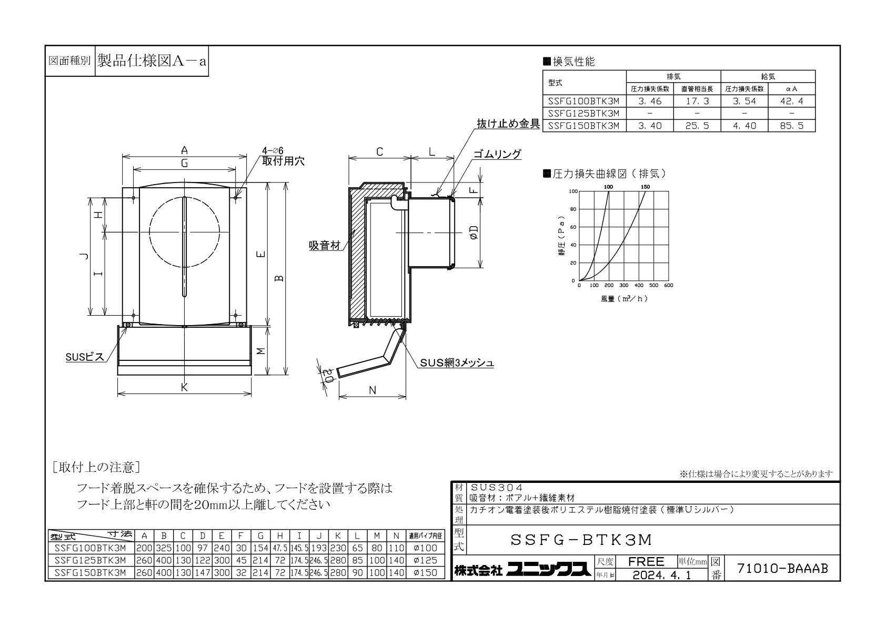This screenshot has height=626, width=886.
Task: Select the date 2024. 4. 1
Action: click(x=662, y=575)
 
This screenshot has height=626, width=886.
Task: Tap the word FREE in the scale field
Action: click(x=646, y=561)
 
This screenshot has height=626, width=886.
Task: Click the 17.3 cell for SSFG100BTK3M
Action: click(x=697, y=101)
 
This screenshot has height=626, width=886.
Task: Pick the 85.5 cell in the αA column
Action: click(x=791, y=126)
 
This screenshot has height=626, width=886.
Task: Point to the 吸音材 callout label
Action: click(x=324, y=245)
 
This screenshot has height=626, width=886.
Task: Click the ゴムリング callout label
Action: click(x=497, y=154)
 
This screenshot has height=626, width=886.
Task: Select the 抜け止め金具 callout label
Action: click(x=508, y=124)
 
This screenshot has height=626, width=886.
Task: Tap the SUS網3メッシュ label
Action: click(x=457, y=362)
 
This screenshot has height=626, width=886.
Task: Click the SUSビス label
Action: click(x=85, y=357)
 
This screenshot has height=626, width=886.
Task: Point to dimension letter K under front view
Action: click(x=184, y=387)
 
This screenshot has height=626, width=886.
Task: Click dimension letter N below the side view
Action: click(x=372, y=390)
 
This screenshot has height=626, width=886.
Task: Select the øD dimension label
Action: click(x=474, y=232)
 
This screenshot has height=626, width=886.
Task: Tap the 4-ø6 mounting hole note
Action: click(x=273, y=150)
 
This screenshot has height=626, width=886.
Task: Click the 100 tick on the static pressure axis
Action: click(x=573, y=191)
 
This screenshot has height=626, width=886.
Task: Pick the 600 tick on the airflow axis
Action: click(x=669, y=285)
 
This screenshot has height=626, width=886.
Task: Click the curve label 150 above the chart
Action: click(x=645, y=187)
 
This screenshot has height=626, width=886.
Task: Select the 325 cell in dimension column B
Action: click(x=164, y=548)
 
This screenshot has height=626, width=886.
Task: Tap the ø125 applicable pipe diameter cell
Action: click(x=425, y=560)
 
